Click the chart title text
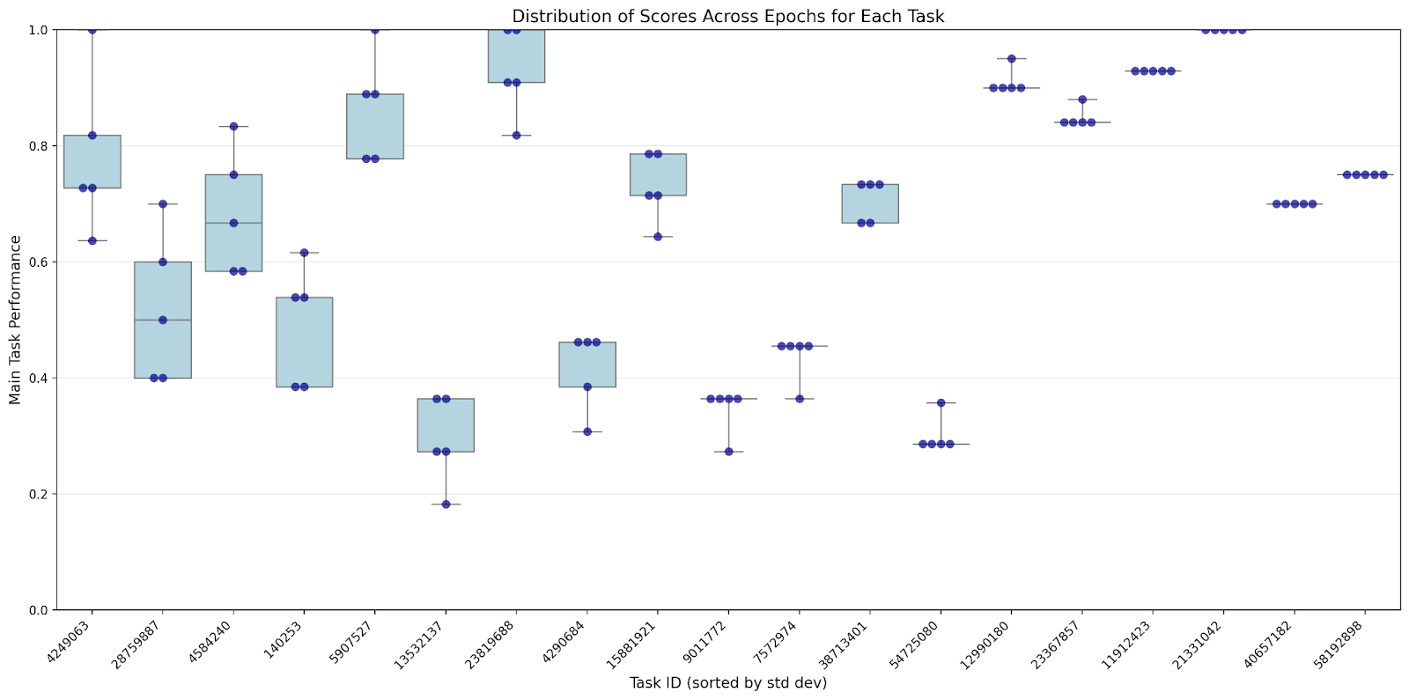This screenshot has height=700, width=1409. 727,16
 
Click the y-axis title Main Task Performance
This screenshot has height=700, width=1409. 15,320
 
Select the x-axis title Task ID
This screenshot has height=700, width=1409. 727,683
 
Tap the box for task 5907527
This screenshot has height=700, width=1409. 375,126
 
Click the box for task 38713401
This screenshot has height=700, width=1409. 870,203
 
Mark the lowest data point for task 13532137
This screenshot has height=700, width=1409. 446,505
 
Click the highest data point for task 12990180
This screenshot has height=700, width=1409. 1012,59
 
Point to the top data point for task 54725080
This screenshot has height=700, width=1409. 941,403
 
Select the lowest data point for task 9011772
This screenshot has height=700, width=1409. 728,452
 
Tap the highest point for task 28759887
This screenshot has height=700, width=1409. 163,204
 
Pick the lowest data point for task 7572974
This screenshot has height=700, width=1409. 800,399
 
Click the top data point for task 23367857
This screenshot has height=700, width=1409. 1082,99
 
